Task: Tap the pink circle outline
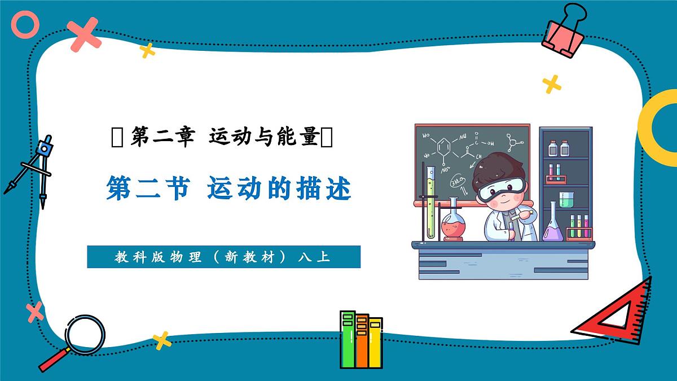pyautogui.click(x=25, y=25)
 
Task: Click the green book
pyautogui.click(x=348, y=339)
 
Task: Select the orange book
pyautogui.click(x=362, y=341)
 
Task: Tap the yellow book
pyautogui.click(x=375, y=342)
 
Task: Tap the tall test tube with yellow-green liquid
pyautogui.click(x=431, y=203)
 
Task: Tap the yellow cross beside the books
pyautogui.click(x=162, y=340)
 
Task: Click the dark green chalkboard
pyautogui.click(x=451, y=152)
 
